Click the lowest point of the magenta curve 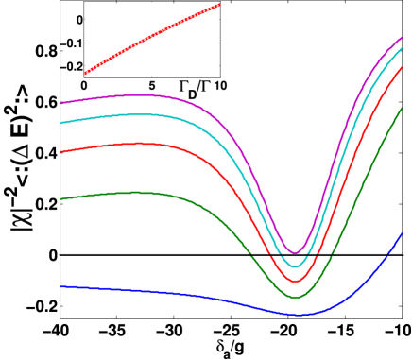[295, 252]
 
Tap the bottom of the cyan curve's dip [295, 266]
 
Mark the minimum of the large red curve [295, 281]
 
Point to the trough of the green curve [295, 297]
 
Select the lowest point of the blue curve [299, 314]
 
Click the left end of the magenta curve [61, 103]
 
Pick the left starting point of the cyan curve [61, 123]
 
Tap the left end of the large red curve [61, 151]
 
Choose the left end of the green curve [61, 199]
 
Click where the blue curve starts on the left [61, 286]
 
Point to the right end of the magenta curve [402, 38]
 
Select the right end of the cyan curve [402, 48]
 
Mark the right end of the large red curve [402, 67]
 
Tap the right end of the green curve [402, 109]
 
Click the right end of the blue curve [402, 233]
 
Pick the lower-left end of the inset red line [84, 74]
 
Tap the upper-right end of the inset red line [219, 5]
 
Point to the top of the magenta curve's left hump [138, 94]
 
